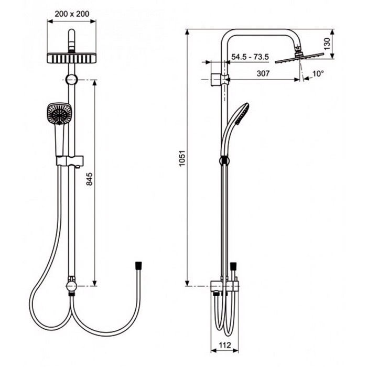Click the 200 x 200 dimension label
pyautogui.click(x=72, y=14)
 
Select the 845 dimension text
pyautogui.click(x=89, y=179)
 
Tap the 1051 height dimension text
pyautogui.click(x=182, y=158)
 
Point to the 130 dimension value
pyautogui.click(x=327, y=44)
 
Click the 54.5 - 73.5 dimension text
pyautogui.click(x=250, y=57)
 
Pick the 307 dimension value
pyautogui.click(x=263, y=73)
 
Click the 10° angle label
pyautogui.click(x=318, y=74)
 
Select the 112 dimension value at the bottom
pyautogui.click(x=225, y=345)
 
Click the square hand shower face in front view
pyautogui.click(x=59, y=114)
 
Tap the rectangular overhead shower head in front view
pyautogui.click(x=71, y=58)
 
